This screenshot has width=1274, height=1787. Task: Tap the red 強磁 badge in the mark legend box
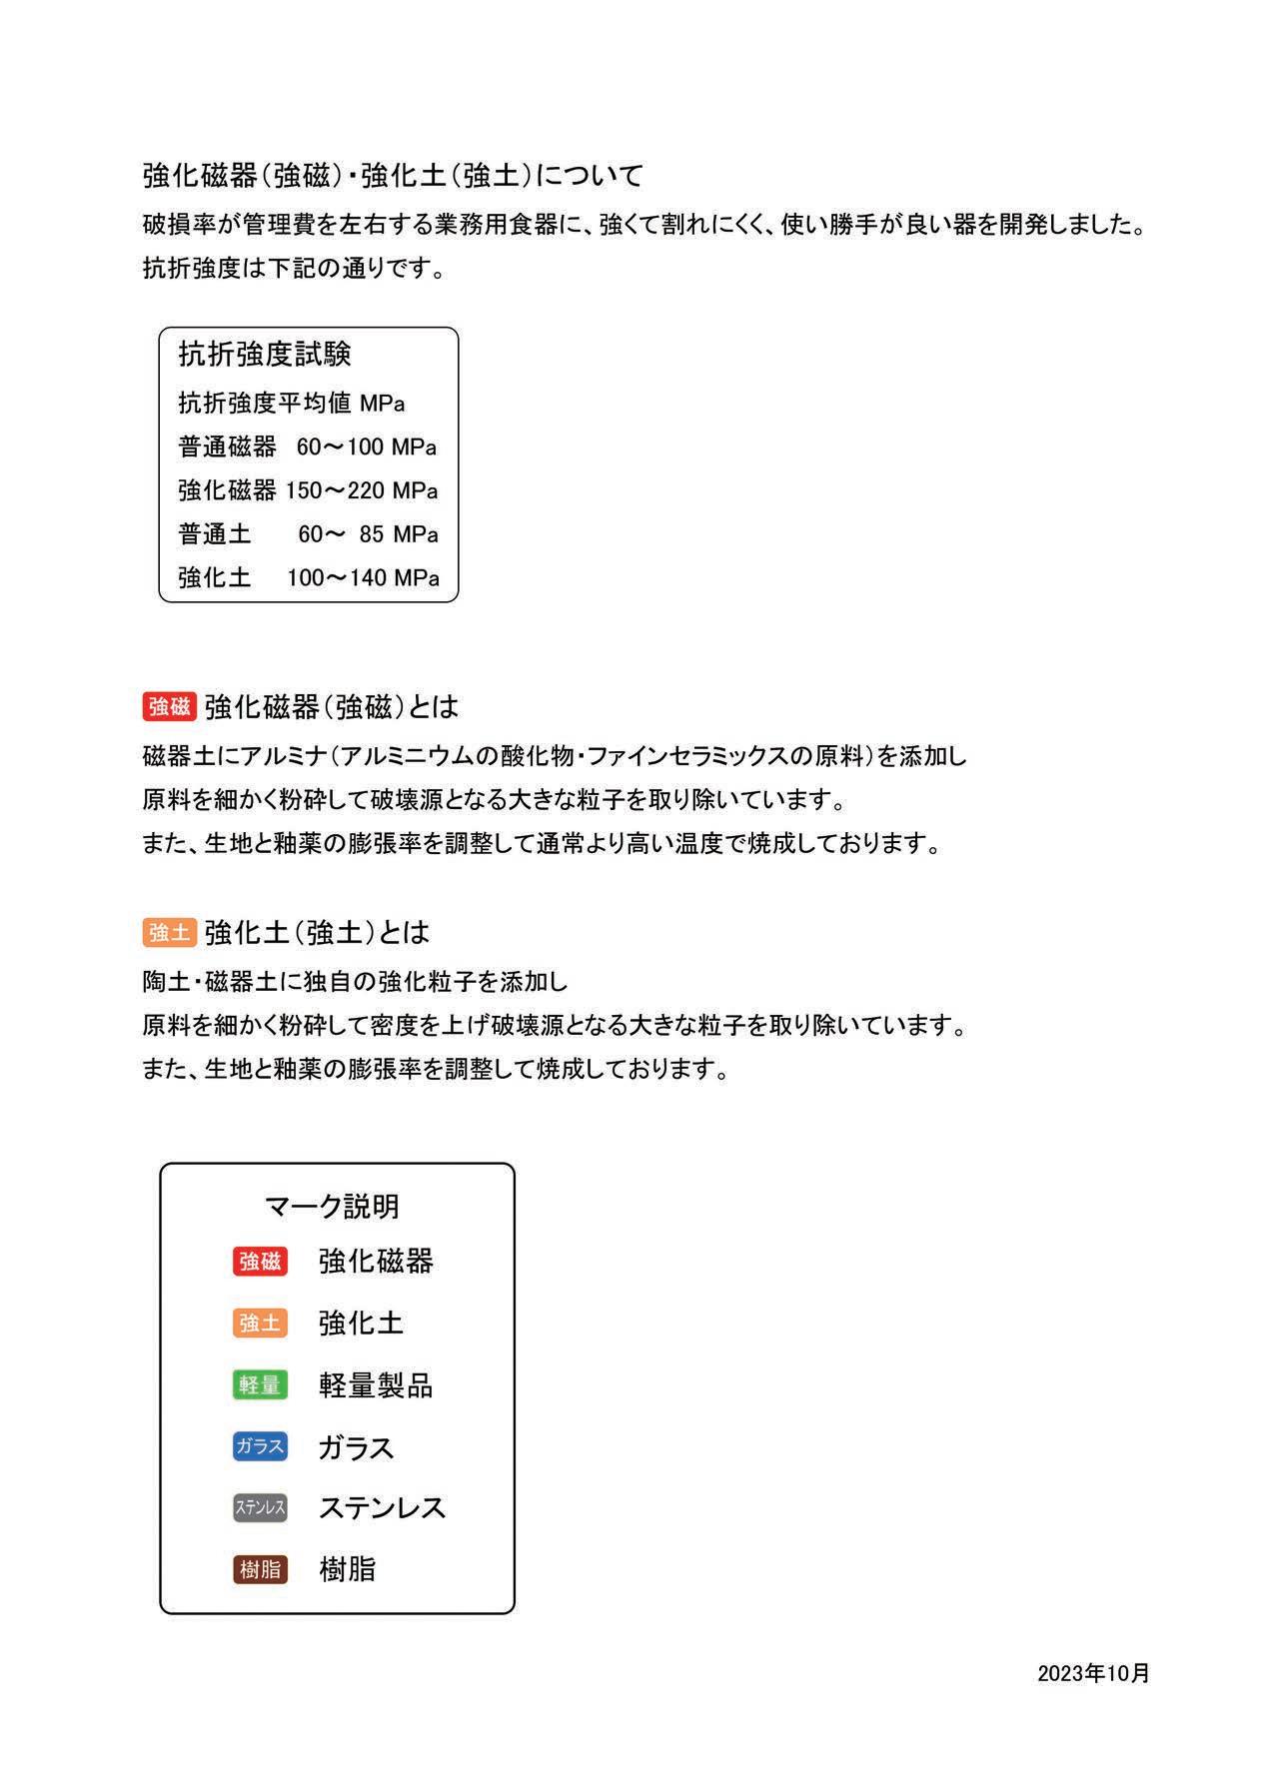[260, 1262]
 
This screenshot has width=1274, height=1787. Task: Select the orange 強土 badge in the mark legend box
[260, 1324]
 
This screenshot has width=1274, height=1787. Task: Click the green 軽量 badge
[260, 1385]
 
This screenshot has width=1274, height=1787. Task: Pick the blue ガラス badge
[260, 1446]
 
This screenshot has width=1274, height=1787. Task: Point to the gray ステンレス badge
[260, 1508]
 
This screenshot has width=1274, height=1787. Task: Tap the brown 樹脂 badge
[260, 1570]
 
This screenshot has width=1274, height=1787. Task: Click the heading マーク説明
[332, 1207]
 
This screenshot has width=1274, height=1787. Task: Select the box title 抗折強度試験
[265, 355]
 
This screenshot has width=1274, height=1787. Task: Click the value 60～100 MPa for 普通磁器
[367, 447]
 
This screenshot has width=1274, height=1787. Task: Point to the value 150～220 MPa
[362, 491]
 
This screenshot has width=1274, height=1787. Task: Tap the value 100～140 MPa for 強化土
[363, 578]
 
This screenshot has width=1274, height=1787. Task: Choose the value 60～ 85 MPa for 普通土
[368, 534]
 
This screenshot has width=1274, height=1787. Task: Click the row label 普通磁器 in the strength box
[227, 447]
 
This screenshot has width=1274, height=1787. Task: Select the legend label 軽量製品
[376, 1385]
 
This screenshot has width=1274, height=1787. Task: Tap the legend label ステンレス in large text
[382, 1508]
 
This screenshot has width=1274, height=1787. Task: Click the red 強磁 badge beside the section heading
[169, 707]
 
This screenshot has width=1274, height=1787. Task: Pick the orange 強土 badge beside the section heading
[169, 933]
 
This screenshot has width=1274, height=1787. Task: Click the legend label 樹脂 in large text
[347, 1570]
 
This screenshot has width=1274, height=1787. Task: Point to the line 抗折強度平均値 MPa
[292, 404]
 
